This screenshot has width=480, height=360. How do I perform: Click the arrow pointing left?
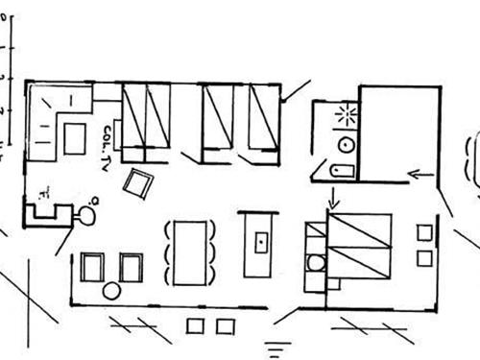(x=420, y=174)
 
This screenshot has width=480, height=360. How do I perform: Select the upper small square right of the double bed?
(x=424, y=231)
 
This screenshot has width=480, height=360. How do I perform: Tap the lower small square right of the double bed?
(x=424, y=257)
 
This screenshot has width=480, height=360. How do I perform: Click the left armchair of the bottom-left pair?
(x=91, y=267)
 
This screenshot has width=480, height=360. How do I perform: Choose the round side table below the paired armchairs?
(x=112, y=290)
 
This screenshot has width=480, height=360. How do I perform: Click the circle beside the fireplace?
(x=85, y=216)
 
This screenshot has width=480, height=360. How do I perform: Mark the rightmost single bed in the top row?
(x=260, y=118)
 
